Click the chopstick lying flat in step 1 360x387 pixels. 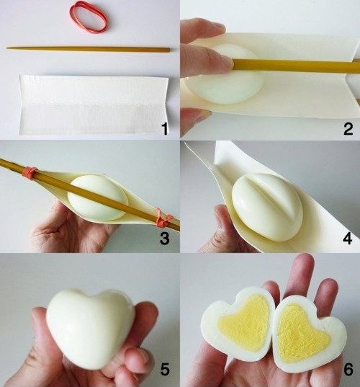tap(88, 49)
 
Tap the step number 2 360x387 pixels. tap(347, 130)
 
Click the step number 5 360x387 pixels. tap(165, 370)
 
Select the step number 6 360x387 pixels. tap(348, 370)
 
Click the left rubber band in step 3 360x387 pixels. tap(30, 173)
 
